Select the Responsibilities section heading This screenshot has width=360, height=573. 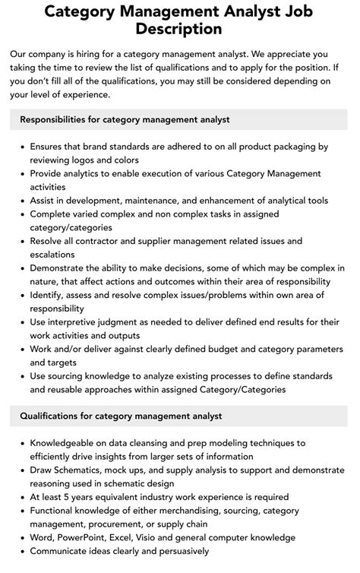coord(125,119)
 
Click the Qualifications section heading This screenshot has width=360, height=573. coord(121,416)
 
